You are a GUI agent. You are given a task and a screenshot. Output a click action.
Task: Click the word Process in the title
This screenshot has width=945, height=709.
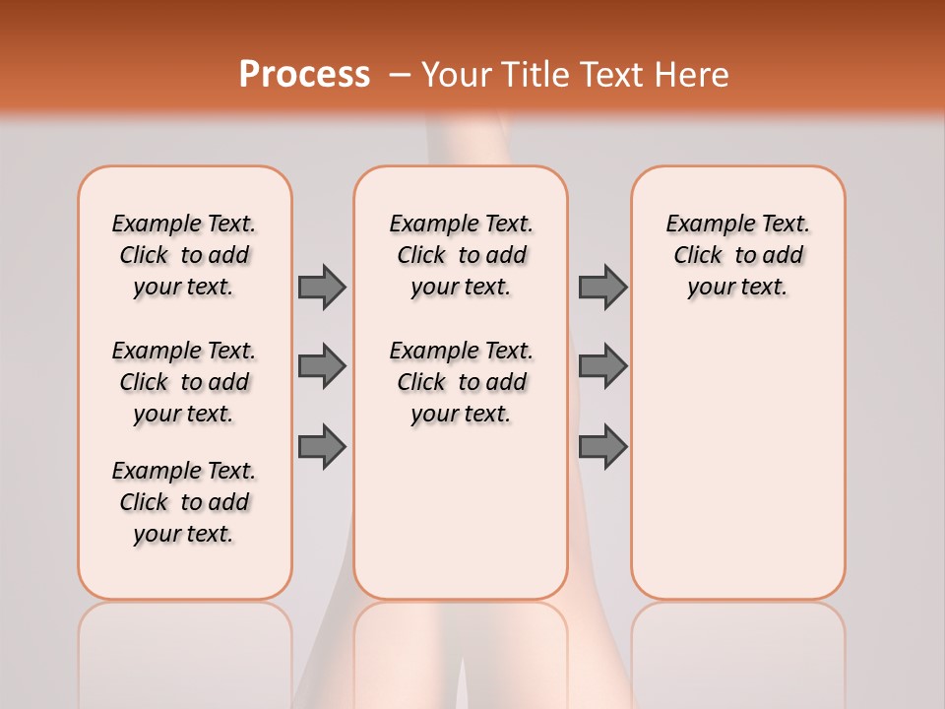coord(304,74)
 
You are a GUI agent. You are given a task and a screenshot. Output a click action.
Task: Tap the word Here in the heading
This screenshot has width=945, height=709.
coord(692,75)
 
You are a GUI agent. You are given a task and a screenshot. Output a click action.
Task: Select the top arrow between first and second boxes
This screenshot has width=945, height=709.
coord(322,287)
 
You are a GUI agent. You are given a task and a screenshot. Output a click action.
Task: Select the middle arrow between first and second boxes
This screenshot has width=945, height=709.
coord(322,366)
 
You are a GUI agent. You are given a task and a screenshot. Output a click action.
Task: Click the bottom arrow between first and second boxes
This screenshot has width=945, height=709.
coord(322,447)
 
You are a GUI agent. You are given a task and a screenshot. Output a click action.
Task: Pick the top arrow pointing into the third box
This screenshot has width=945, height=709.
coord(602,287)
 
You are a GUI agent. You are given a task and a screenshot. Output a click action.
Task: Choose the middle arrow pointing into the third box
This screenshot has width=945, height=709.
coord(602,366)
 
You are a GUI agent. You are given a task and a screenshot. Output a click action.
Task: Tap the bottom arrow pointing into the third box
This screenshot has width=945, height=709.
coord(602,447)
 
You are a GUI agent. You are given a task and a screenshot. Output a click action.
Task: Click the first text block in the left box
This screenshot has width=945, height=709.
coord(184,255)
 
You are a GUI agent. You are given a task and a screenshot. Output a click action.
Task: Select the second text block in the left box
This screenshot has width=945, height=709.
coord(184,382)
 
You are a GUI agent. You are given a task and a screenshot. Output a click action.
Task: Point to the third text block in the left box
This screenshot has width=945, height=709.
coord(184,502)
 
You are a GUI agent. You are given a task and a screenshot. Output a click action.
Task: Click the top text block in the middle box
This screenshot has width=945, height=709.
coord(461,255)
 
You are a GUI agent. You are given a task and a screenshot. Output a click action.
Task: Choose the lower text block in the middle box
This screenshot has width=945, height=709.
coord(461,382)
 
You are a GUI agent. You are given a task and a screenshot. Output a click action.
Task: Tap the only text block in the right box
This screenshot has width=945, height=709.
coord(737,255)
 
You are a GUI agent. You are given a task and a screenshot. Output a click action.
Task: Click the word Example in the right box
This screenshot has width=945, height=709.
coord(704,225)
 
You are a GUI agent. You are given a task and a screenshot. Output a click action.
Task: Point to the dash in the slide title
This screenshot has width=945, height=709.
coord(400,75)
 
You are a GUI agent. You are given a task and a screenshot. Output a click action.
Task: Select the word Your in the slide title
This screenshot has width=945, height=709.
coord(456,75)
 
